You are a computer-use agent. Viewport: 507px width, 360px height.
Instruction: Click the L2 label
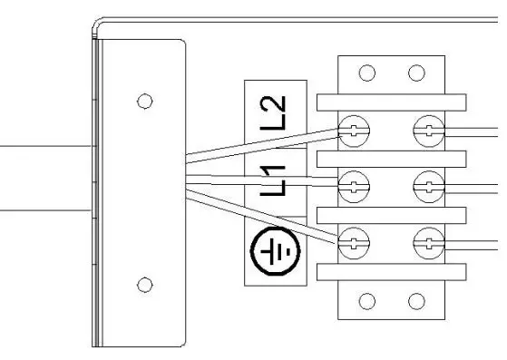pyautogui.click(x=278, y=112)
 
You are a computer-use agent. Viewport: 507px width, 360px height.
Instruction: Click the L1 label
pyautogui.click(x=278, y=180)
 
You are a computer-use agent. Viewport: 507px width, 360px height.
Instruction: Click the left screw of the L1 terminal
pyautogui.click(x=353, y=188)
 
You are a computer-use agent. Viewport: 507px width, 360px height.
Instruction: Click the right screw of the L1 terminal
pyautogui.click(x=426, y=188)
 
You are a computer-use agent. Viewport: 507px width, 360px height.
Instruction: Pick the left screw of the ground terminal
pyautogui.click(x=353, y=242)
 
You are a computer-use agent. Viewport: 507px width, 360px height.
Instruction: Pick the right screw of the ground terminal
pyautogui.click(x=426, y=242)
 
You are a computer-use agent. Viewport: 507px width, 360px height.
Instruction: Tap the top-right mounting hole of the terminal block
pyautogui.click(x=415, y=73)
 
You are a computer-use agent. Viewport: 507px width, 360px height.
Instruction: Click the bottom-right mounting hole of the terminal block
pyautogui.click(x=415, y=300)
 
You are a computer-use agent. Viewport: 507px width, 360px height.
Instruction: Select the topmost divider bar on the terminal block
pyautogui.click(x=391, y=101)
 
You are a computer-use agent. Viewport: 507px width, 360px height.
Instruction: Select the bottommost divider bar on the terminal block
pyautogui.click(x=391, y=271)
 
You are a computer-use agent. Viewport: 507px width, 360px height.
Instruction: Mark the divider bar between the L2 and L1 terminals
pyautogui.click(x=391, y=159)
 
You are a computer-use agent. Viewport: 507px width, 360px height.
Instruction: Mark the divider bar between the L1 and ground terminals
pyautogui.click(x=391, y=215)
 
